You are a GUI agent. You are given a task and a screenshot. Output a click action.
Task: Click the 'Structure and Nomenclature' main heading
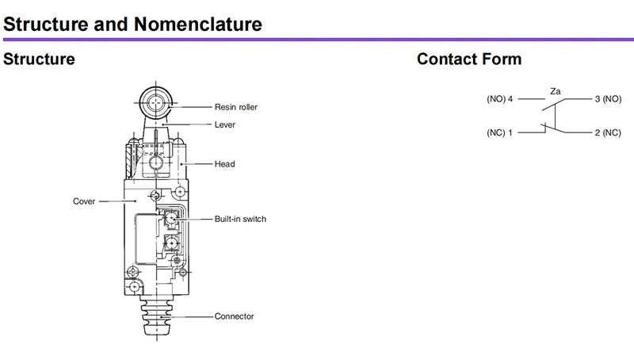click(132, 25)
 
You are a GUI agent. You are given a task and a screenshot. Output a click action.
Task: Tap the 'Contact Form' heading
click(469, 59)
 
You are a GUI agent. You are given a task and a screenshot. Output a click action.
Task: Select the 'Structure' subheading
click(39, 59)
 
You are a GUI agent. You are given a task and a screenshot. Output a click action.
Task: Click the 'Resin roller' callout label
click(235, 107)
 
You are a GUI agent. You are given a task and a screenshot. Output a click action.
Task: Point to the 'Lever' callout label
click(225, 124)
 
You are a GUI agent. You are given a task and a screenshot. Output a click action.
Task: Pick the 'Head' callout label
click(224, 164)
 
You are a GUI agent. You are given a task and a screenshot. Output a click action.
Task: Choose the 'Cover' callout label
click(84, 201)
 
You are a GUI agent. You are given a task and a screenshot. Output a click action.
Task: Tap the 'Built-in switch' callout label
click(240, 219)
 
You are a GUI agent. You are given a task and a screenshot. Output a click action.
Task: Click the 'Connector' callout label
click(234, 316)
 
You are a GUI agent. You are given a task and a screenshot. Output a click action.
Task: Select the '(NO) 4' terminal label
click(500, 98)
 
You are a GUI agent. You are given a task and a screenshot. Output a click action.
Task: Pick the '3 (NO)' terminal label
click(608, 98)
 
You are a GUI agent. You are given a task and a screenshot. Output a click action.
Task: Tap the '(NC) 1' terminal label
click(500, 132)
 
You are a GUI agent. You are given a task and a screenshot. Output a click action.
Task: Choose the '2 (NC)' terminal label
click(608, 132)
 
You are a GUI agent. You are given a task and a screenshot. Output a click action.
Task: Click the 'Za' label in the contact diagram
click(556, 91)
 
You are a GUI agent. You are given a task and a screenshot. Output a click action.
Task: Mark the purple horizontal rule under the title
click(319, 40)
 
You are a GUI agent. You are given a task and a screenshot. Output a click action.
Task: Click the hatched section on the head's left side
click(129, 161)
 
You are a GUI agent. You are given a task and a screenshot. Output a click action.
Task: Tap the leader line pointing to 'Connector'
click(188, 316)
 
